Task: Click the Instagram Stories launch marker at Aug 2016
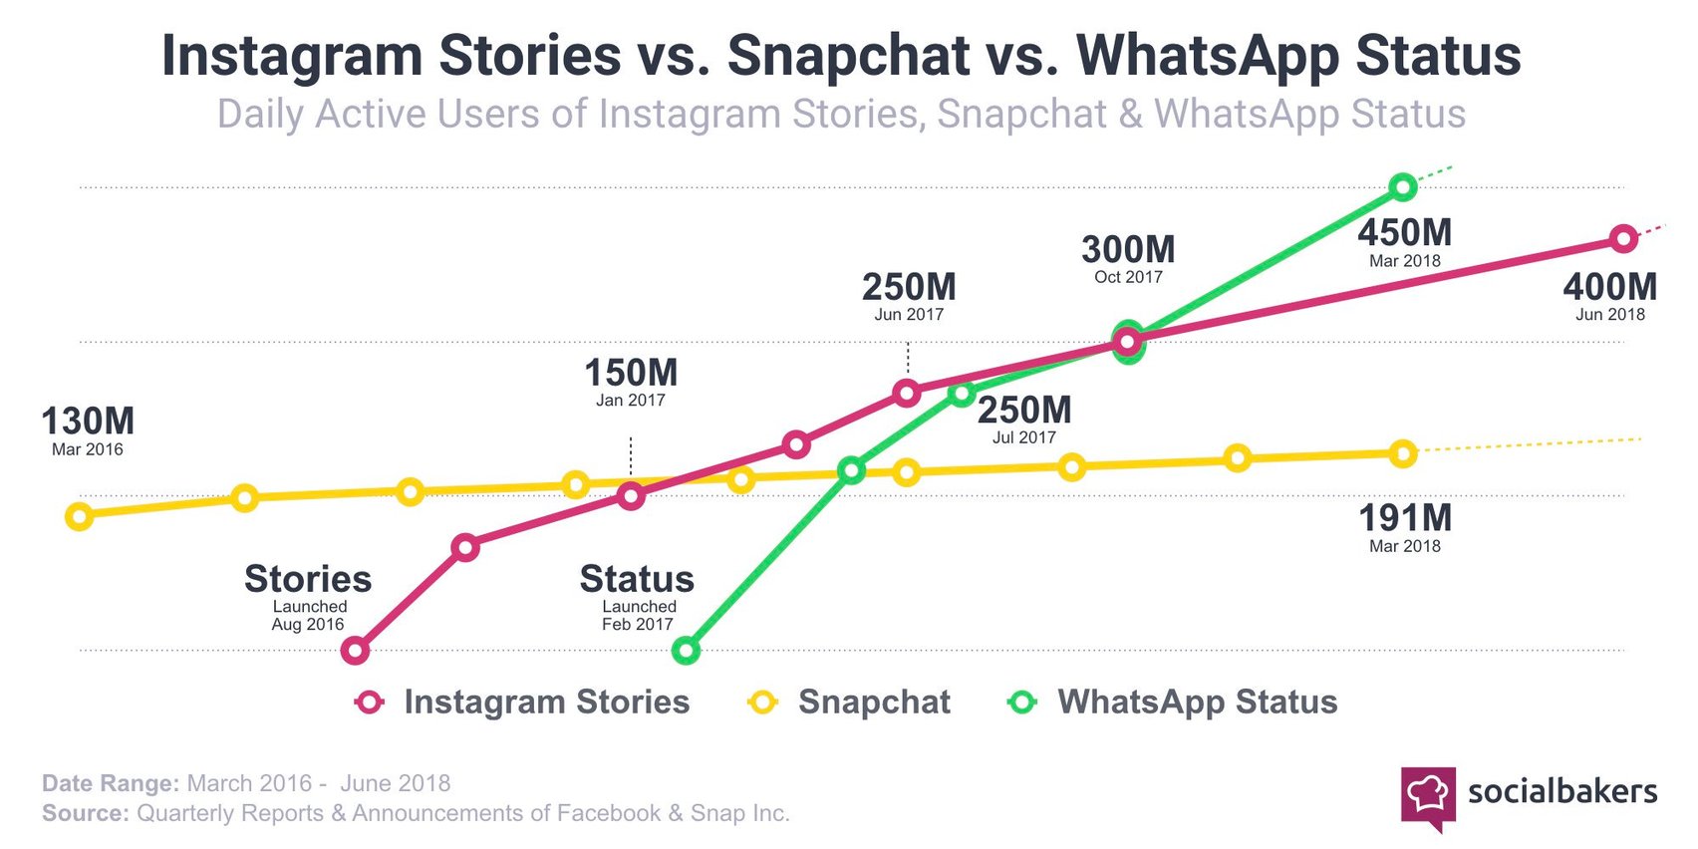tap(356, 651)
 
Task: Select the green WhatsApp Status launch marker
tap(686, 651)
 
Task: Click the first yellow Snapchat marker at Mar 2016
tap(79, 516)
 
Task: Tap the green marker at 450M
tap(1402, 186)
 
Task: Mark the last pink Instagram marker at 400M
tap(1623, 239)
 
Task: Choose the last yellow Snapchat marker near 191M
tap(1402, 454)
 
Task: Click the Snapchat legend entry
tap(851, 702)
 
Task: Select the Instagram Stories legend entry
tap(523, 702)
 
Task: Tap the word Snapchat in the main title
tap(848, 56)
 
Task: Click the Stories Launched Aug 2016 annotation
tap(308, 596)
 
